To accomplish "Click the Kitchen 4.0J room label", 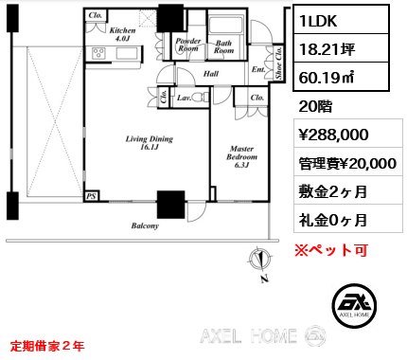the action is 122,34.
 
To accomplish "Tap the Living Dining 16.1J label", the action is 150,143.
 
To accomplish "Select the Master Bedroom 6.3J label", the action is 241,156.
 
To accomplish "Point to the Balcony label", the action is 145,225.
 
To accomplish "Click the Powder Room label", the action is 188,45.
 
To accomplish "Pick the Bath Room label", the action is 223,46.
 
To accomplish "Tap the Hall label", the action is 211,74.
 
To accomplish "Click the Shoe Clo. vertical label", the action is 278,63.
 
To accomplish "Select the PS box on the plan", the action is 92,196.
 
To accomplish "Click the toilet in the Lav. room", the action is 201,97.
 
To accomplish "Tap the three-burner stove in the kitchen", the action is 98,53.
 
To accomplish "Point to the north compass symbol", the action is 260,260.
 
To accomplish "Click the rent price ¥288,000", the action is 333,135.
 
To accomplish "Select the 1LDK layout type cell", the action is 341,20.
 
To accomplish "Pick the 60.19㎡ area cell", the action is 341,77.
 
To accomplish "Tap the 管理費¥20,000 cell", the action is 348,163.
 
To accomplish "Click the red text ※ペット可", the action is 331,250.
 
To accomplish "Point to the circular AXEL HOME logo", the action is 354,305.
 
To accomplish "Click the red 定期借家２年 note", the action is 47,346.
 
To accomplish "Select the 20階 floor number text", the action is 315,106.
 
